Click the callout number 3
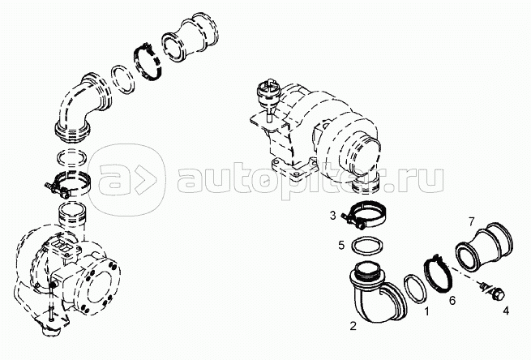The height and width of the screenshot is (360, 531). click(333, 215)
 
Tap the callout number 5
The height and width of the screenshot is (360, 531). click(341, 245)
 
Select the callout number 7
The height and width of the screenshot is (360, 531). click(472, 221)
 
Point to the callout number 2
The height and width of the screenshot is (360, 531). click(353, 326)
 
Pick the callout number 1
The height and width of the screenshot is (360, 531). click(427, 311)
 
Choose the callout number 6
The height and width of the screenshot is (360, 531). click(453, 300)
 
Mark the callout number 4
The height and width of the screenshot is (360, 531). click(506, 311)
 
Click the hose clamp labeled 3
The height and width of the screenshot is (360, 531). click(364, 216)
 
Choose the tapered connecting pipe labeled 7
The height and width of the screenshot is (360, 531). click(484, 246)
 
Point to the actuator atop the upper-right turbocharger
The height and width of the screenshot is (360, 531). click(268, 96)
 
